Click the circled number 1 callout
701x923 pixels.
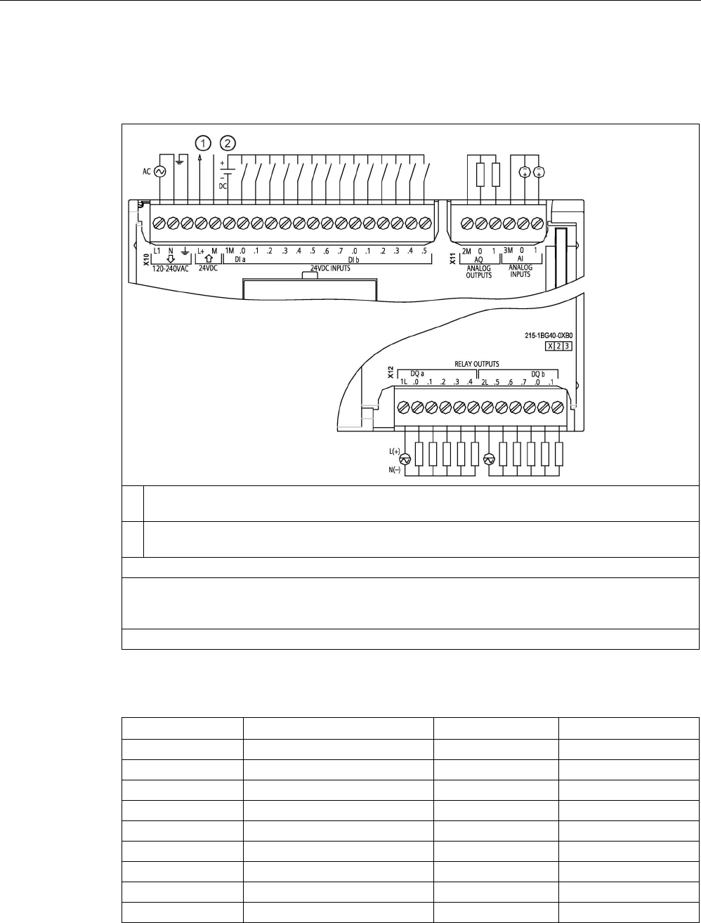click(203, 143)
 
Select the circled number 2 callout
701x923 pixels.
click(228, 143)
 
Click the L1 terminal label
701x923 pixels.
click(157, 250)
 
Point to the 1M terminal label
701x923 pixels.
click(229, 250)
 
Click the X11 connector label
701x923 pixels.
click(453, 259)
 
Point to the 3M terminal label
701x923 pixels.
click(509, 250)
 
